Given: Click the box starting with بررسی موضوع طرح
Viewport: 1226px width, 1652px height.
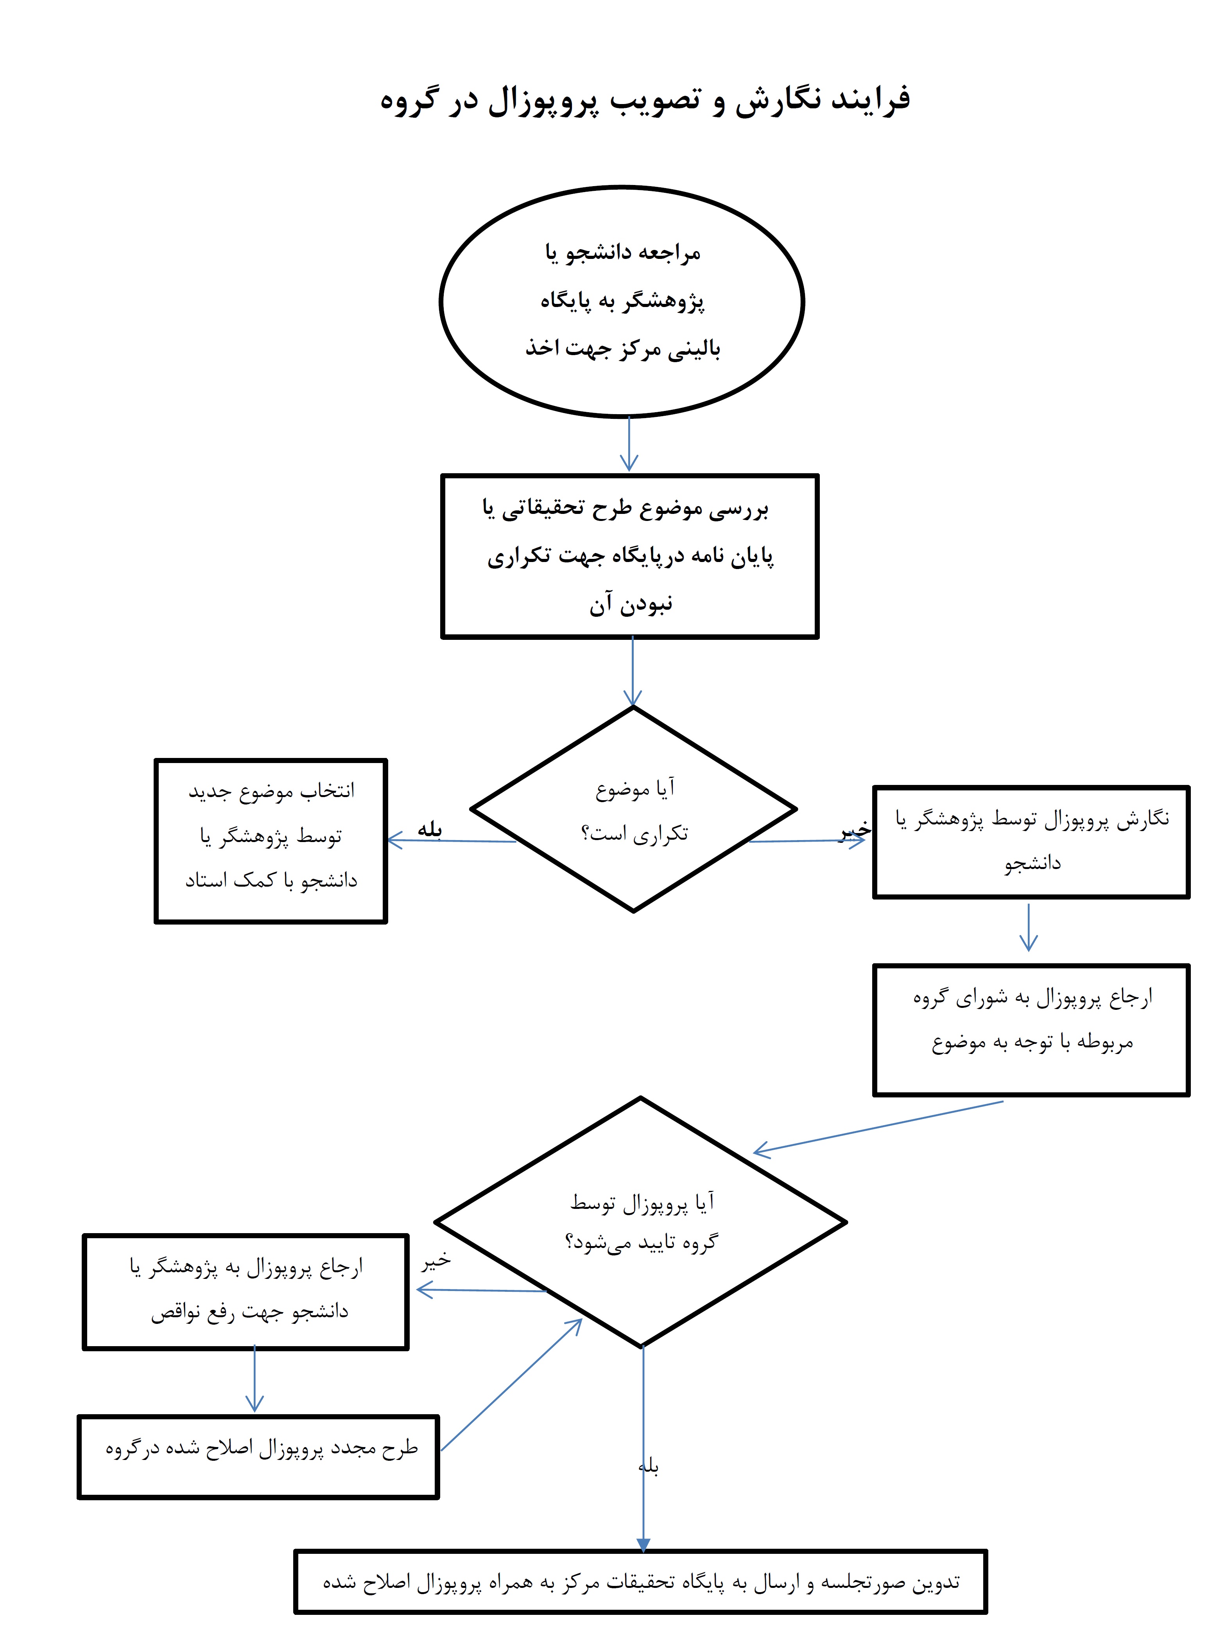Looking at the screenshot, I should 629,555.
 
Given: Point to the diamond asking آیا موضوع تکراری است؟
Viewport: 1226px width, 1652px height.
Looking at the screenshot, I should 633,809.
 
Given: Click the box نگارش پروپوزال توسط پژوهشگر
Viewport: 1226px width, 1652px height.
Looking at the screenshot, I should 1031,841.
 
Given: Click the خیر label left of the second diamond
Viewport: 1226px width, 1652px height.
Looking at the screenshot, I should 436,1261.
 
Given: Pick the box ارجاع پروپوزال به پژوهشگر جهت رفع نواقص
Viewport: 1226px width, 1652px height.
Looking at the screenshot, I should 246,1290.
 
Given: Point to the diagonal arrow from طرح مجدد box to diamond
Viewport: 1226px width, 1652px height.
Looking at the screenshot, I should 512,1385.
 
